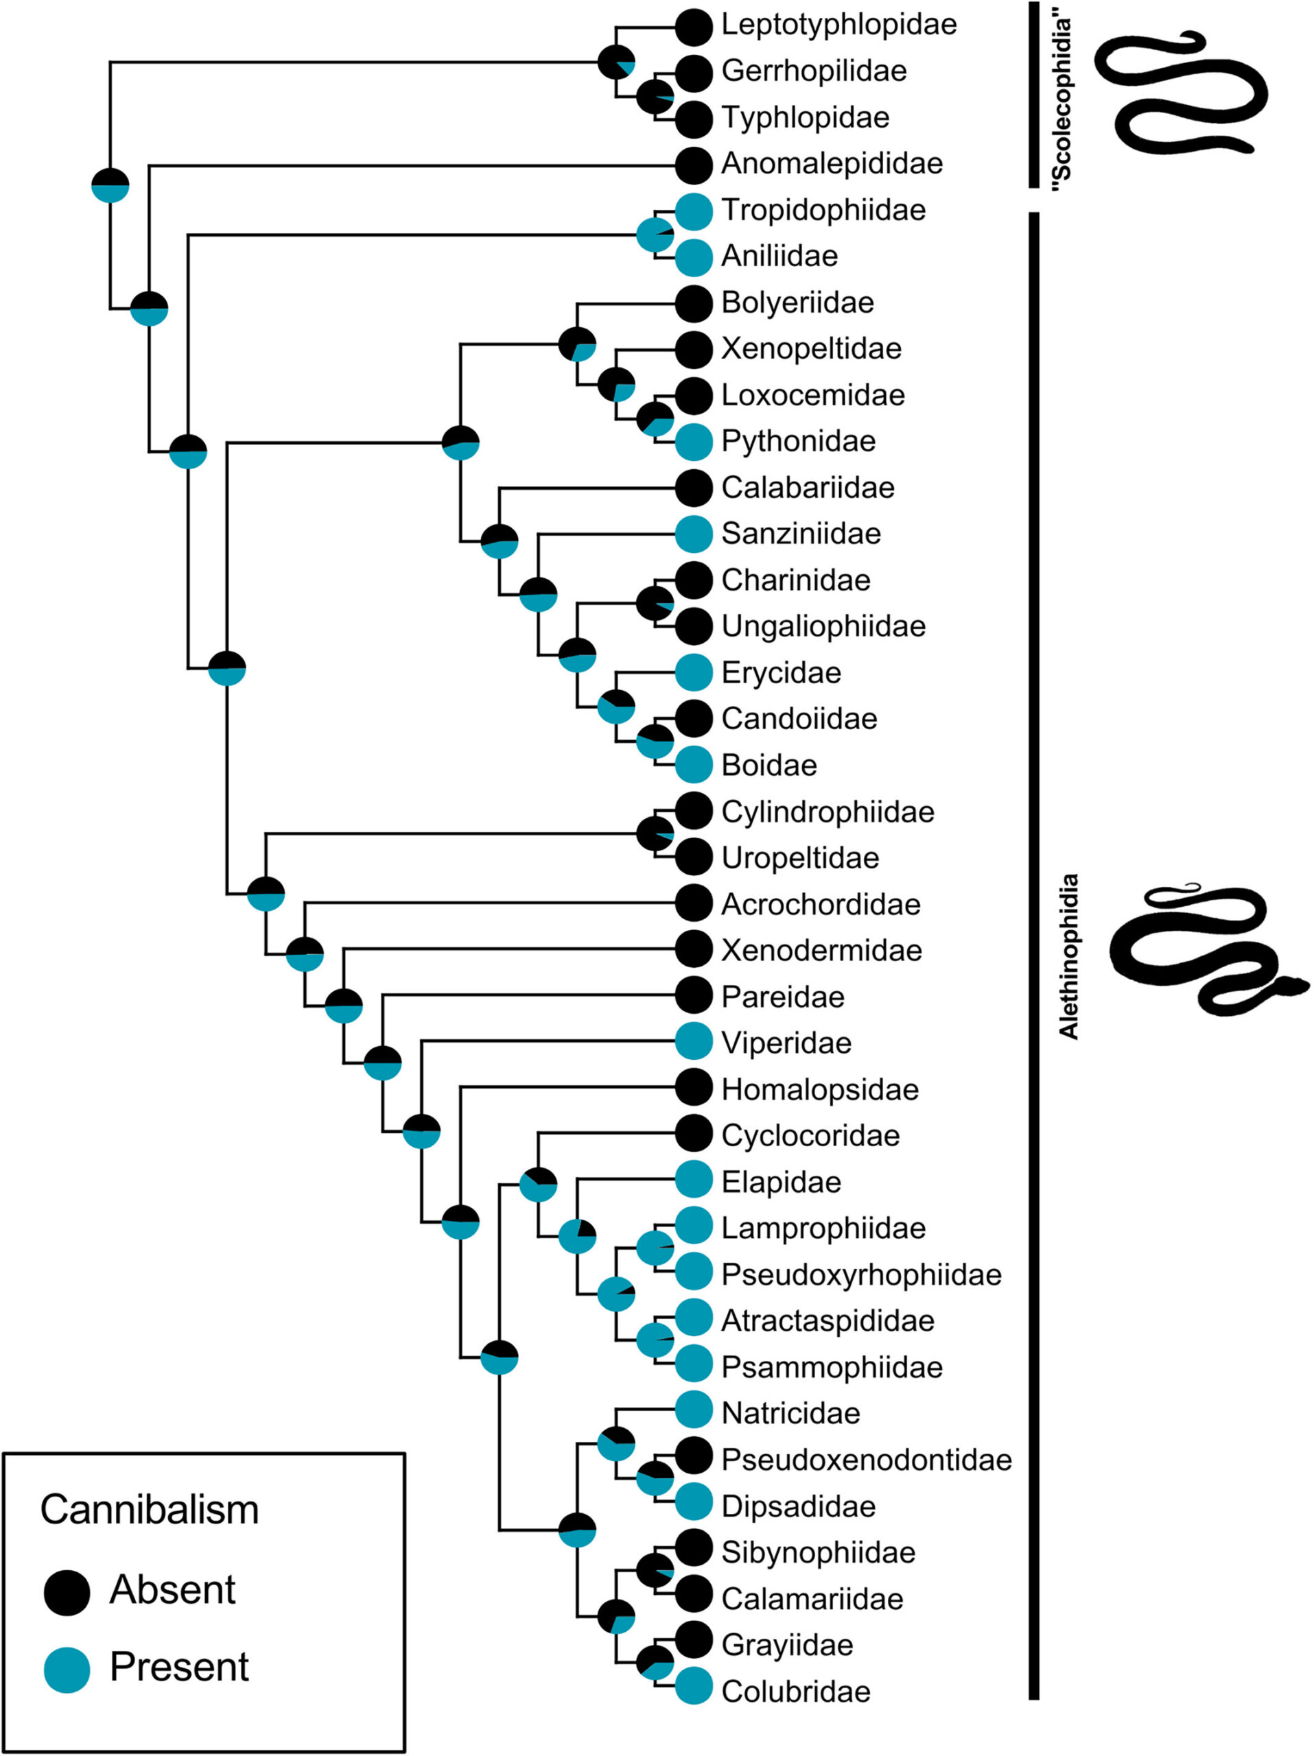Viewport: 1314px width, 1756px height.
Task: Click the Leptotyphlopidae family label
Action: [x=838, y=25]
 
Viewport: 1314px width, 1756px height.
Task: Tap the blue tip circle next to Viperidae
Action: [x=694, y=1043]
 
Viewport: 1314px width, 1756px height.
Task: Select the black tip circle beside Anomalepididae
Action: [x=694, y=165]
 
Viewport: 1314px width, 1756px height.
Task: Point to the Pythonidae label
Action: [x=798, y=440]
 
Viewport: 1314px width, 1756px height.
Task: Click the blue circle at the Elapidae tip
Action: [x=694, y=1181]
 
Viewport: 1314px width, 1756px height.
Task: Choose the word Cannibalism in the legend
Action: [x=150, y=1509]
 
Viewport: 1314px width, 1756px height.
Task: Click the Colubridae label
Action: [x=795, y=1691]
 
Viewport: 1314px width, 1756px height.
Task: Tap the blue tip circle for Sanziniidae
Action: [x=694, y=534]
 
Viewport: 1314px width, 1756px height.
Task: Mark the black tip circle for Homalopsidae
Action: [x=694, y=1089]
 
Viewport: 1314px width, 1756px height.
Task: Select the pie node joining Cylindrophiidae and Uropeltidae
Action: [x=656, y=833]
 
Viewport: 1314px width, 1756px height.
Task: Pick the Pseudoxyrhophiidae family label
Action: [x=860, y=1274]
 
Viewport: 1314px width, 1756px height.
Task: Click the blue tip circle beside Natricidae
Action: [x=694, y=1413]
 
